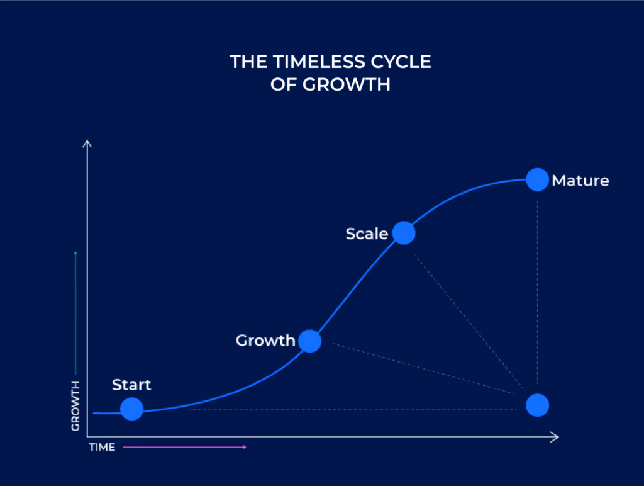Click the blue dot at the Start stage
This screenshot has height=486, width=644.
coord(132,409)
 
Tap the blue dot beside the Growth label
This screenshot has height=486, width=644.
coord(309,341)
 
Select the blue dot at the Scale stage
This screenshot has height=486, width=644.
coord(404,233)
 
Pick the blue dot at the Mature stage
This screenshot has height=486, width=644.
coord(537,179)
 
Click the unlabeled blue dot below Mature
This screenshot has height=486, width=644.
coord(537,405)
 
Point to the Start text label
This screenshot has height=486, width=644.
coord(131,385)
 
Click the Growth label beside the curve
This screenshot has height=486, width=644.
coord(265,341)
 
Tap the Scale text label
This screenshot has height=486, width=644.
coord(367,234)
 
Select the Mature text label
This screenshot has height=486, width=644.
coord(580,181)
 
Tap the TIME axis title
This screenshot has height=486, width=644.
coord(102,448)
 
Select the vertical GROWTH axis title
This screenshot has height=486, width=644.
coord(75,406)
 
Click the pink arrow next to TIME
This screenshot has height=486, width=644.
coord(184,447)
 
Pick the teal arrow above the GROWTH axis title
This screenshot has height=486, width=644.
coord(75,312)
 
